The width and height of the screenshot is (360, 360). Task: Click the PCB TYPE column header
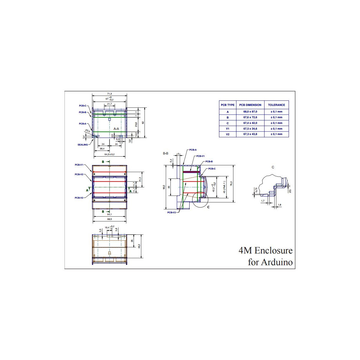228,105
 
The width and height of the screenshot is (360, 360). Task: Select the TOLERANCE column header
276,105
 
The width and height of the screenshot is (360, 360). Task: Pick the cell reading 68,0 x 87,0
250,112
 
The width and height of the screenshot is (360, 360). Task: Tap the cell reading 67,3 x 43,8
250,134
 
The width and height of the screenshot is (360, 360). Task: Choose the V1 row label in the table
228,129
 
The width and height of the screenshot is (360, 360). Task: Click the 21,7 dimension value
109,104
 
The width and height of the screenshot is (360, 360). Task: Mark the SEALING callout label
83,145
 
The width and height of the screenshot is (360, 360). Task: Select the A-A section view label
116,128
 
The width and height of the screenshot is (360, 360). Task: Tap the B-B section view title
166,153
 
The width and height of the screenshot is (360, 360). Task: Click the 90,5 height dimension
164,187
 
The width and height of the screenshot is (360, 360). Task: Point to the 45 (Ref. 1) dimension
224,187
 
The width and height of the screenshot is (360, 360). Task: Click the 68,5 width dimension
109,219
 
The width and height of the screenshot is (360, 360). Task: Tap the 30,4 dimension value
102,149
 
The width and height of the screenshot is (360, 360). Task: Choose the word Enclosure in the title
273,250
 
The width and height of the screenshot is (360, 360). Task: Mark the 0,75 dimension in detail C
256,190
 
